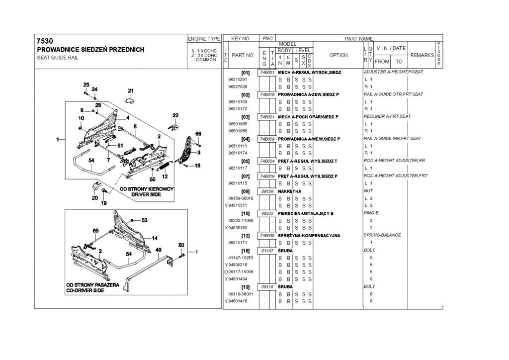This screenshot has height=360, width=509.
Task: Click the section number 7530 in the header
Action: [45, 41]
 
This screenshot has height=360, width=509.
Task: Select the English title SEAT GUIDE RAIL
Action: [57, 58]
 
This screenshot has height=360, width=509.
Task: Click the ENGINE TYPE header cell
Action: [204, 38]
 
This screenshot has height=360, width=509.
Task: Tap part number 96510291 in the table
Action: [238, 80]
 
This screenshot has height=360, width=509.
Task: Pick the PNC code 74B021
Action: [266, 117]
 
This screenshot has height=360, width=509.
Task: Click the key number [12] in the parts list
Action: [245, 235]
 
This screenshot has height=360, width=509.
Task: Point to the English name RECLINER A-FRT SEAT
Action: [387, 116]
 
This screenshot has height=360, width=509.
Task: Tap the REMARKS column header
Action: [422, 55]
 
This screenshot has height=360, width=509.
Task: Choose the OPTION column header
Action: [339, 55]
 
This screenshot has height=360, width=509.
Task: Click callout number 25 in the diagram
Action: [86, 85]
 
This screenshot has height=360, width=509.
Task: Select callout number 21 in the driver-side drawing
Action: [131, 90]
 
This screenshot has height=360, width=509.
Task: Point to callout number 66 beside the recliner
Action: [198, 134]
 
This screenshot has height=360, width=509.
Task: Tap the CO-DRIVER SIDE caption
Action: [86, 290]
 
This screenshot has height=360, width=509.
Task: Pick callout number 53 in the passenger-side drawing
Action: [145, 220]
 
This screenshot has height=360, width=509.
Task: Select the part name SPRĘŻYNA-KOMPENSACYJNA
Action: [309, 235]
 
